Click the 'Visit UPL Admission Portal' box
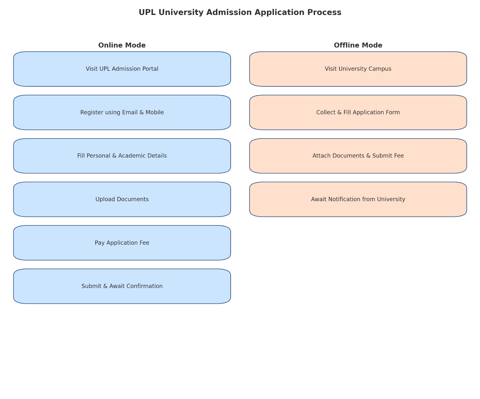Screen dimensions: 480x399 (122, 69)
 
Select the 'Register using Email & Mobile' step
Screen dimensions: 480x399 (122, 112)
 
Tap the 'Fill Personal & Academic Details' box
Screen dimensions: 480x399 (122, 156)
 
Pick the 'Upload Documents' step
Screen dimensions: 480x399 (122, 199)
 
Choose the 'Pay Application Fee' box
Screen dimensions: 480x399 (122, 243)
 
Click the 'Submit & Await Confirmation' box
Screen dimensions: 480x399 (122, 286)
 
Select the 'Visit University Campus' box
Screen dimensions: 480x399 (358, 69)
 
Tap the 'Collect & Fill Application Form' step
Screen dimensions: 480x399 (358, 112)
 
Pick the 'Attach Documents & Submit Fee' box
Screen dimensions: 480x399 (358, 156)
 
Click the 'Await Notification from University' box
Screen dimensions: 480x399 (358, 199)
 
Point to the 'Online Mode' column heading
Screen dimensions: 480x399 (122, 45)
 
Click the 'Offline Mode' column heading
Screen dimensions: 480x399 (358, 45)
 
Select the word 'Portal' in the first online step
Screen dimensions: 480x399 (151, 69)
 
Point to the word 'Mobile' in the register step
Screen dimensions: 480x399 (155, 112)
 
